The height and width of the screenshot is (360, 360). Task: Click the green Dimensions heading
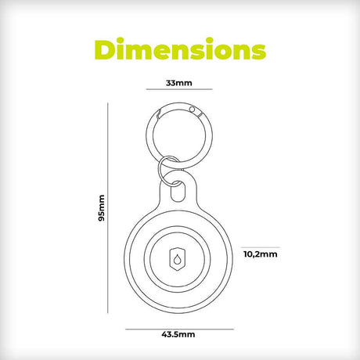click(180, 49)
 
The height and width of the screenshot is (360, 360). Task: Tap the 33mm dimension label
click(179, 83)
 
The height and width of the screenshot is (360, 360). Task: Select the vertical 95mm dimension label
click(101, 208)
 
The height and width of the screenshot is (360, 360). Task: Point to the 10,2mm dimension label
click(261, 254)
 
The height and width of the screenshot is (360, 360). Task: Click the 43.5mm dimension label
click(178, 334)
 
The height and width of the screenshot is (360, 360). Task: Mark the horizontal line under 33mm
click(179, 89)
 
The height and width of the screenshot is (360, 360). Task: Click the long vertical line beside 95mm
click(108, 207)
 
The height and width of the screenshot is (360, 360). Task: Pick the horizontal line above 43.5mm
click(179, 329)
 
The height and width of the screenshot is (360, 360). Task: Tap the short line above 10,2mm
click(261, 247)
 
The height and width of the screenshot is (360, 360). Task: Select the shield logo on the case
click(178, 259)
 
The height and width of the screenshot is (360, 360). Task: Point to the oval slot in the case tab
click(178, 192)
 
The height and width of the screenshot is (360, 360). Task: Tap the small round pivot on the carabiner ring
click(193, 110)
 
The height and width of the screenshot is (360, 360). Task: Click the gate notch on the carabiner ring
click(158, 114)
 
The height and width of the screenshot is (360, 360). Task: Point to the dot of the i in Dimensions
click(121, 41)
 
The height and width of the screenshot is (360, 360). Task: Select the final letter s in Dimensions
click(257, 52)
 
